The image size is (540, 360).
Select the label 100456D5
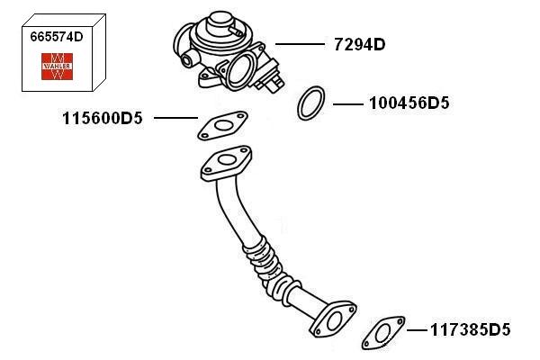click(409, 103)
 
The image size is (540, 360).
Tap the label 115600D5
click(103, 118)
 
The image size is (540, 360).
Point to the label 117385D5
click(469, 329)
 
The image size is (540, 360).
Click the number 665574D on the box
click(57, 39)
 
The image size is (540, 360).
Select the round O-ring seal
click(310, 103)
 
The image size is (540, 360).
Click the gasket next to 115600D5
click(222, 125)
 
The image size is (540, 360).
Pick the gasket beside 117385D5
click(382, 329)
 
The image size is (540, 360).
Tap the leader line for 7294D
click(298, 43)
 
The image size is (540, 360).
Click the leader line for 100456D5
click(347, 104)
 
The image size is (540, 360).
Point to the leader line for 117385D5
click(415, 329)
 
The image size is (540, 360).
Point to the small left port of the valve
click(188, 58)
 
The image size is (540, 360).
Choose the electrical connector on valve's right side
click(272, 79)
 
